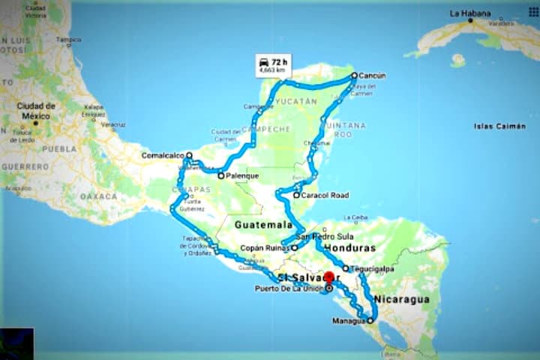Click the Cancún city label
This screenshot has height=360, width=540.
tap(372, 76)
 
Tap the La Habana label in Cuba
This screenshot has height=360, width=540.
tap(470, 13)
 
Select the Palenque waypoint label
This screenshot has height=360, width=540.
tap(242, 176)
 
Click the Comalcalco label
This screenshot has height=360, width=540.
tap(162, 156)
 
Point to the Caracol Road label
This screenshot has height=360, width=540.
tap(325, 195)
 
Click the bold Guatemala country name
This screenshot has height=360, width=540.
tap(262, 224)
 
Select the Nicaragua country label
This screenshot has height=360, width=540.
tap(403, 299)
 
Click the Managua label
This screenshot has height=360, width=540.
tap(348, 322)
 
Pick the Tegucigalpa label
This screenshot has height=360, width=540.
tap(372, 268)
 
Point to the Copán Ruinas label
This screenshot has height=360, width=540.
tap(266, 247)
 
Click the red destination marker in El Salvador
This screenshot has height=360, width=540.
tap(328, 277)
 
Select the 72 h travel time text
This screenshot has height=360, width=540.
tap(280, 59)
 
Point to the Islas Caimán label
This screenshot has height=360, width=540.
tap(499, 127)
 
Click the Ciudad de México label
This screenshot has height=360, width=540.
tap(36, 110)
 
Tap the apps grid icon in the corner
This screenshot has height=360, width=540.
tap(533, 12)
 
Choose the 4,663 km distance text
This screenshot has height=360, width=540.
tap(271, 70)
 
